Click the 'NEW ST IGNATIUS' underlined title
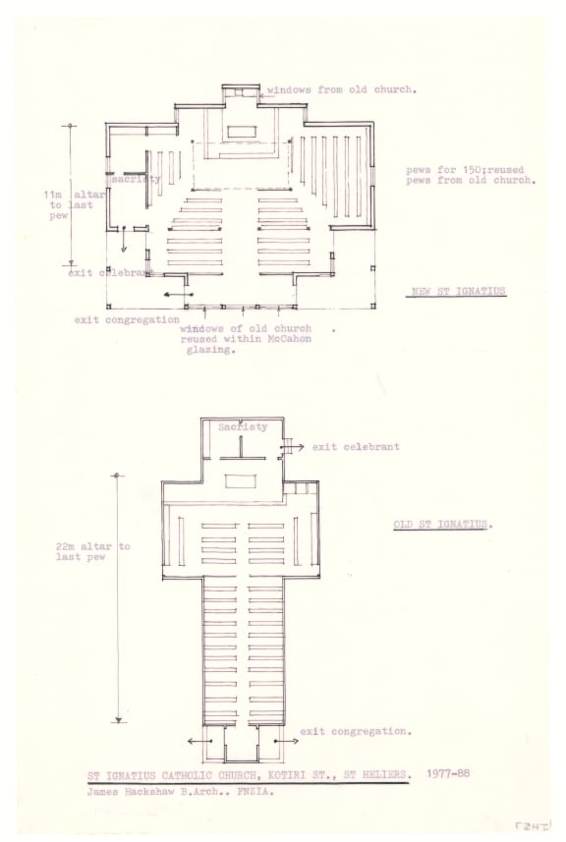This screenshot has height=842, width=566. pyautogui.click(x=458, y=292)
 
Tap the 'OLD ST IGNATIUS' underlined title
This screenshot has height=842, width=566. pyautogui.click(x=440, y=525)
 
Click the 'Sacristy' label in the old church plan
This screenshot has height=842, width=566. pyautogui.click(x=242, y=427)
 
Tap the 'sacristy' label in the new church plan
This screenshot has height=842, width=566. pyautogui.click(x=136, y=179)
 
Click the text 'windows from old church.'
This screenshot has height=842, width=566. pyautogui.click(x=342, y=89)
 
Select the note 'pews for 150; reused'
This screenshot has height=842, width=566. pyautogui.click(x=465, y=170)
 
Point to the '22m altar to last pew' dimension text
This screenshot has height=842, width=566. pyautogui.click(x=93, y=551)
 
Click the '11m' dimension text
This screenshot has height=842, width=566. pyautogui.click(x=54, y=195)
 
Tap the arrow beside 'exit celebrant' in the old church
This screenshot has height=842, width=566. pyautogui.click(x=293, y=447)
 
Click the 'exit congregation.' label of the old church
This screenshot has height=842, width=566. pyautogui.click(x=356, y=731)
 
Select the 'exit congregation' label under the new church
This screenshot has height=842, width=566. pyautogui.click(x=127, y=320)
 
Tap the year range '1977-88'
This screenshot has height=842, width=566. pyautogui.click(x=448, y=773)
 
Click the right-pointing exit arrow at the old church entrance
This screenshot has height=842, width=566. pyautogui.click(x=287, y=742)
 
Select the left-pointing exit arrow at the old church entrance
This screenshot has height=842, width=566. pyautogui.click(x=199, y=742)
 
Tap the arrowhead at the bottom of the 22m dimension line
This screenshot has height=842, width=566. pyautogui.click(x=119, y=720)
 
